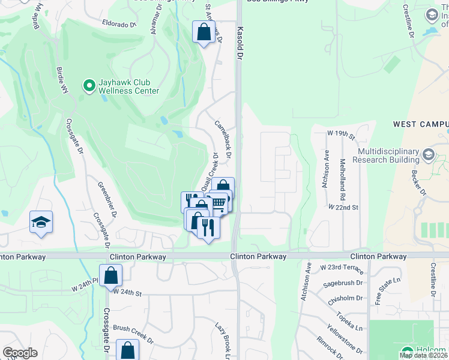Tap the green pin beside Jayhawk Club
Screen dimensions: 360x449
click(x=89, y=86)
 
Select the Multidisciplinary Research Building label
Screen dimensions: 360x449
click(x=385, y=155)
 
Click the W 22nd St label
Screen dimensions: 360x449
click(x=343, y=207)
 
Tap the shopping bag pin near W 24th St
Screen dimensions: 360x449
click(x=111, y=276)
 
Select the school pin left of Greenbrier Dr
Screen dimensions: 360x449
click(x=41, y=222)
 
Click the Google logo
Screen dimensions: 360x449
click(x=20, y=353)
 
